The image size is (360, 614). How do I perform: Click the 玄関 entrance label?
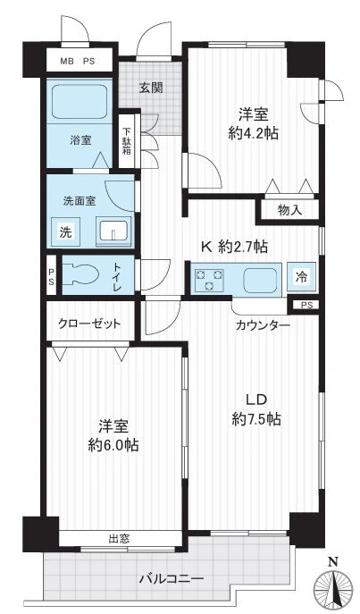pos(151,87)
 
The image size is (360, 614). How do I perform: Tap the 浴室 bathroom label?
pos(80,139)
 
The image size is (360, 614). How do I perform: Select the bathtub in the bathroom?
pos(80,102)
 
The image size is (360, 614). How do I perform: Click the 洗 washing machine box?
pos(65,231)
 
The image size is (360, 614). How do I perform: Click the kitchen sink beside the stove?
pos(260,278)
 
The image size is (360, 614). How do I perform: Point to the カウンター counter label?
pos(263,326)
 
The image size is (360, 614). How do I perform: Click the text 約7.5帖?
pos(257,418)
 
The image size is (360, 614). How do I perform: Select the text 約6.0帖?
pos(113,444)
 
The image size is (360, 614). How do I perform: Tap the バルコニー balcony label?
pos(171,577)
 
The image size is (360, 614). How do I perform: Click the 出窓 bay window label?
pos(119,538)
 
